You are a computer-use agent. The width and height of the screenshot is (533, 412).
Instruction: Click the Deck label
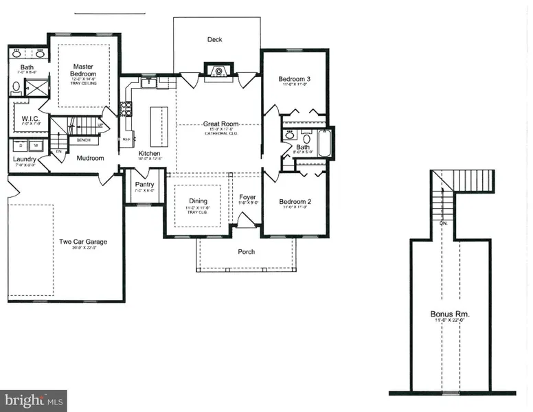tap(215, 40)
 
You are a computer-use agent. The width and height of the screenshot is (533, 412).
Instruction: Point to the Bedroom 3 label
tap(295, 80)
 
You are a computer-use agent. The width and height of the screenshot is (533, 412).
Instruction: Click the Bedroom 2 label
tap(295, 202)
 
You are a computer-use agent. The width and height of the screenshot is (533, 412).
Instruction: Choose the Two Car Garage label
tap(82, 242)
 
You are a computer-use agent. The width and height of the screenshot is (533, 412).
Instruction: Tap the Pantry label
tap(144, 185)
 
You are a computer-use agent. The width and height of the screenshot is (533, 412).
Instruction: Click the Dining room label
tap(198, 201)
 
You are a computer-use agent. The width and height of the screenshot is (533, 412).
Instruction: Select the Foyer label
tap(247, 198)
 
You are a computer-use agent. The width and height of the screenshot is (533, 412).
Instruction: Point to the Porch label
tap(246, 252)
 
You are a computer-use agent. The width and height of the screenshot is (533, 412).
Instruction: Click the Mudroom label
tap(90, 158)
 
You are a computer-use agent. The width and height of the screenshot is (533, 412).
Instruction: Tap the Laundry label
tap(25, 159)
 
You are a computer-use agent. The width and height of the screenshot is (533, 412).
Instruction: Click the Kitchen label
tap(149, 153)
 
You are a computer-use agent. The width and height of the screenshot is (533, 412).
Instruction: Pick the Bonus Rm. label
tap(451, 314)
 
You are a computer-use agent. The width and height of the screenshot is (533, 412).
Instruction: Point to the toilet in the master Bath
tap(16, 87)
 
